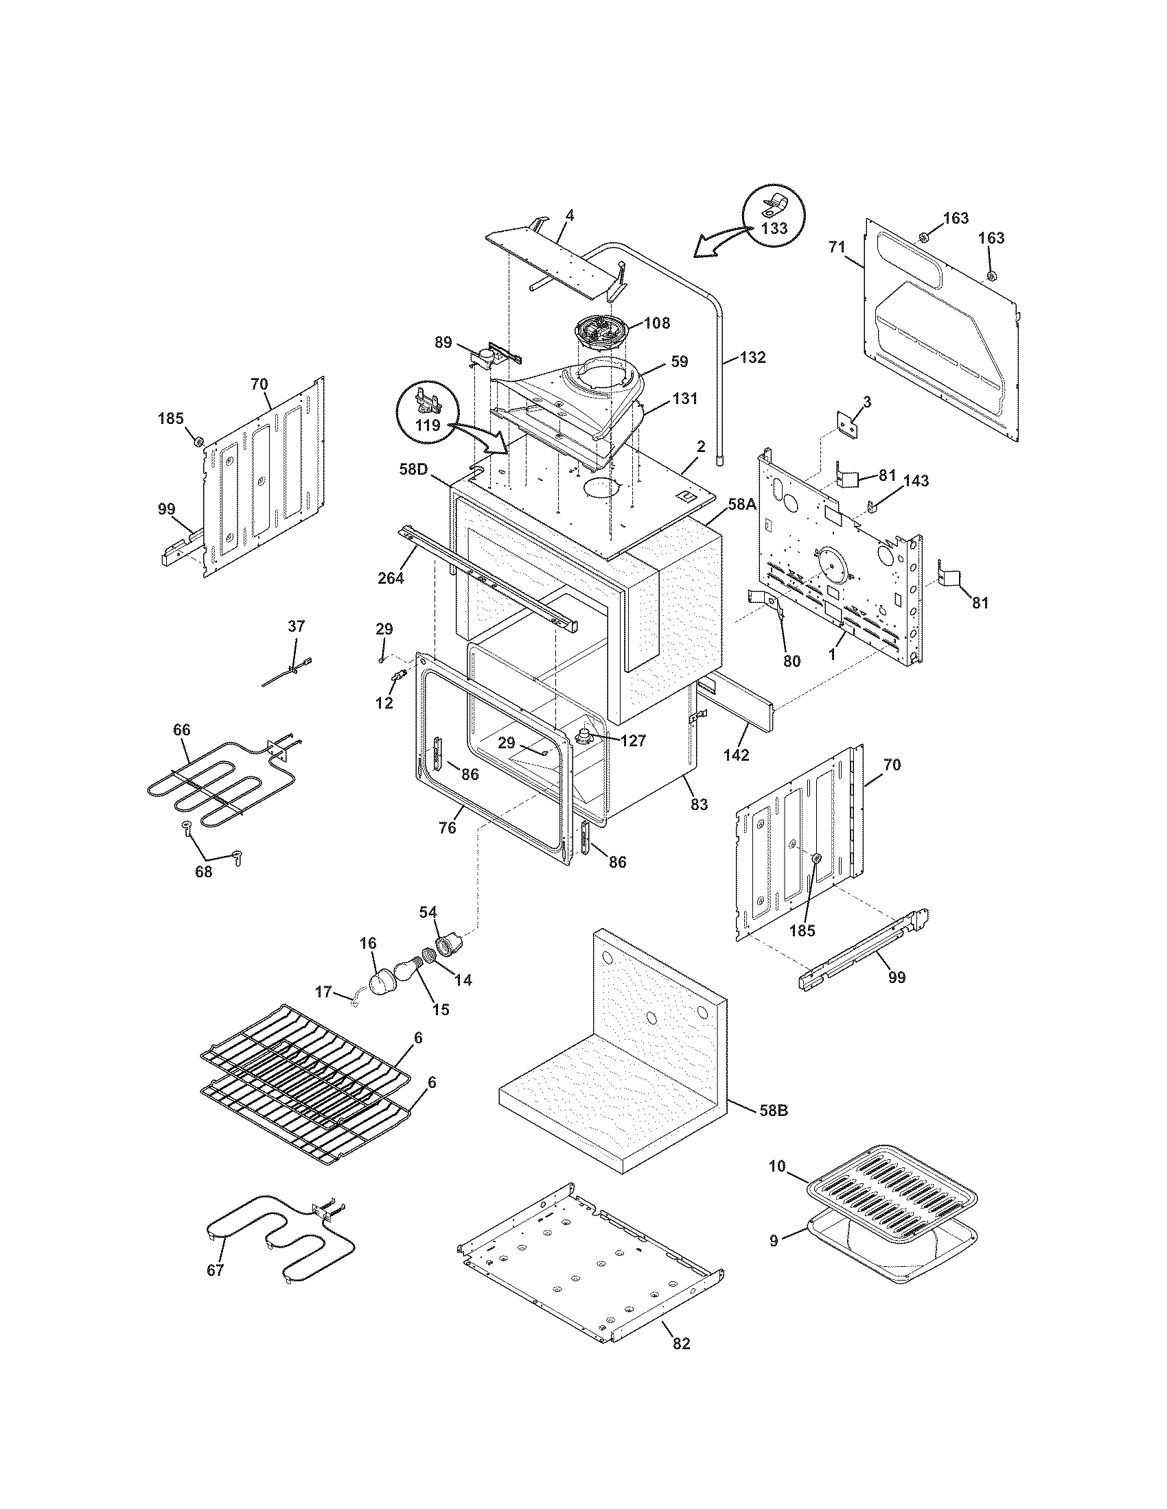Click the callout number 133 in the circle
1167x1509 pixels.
point(774,228)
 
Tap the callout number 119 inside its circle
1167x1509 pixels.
point(428,426)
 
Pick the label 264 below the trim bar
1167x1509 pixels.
point(391,579)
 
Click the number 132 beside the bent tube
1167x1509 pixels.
point(752,357)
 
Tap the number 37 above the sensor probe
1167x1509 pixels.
point(296,627)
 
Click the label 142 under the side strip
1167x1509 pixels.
point(737,755)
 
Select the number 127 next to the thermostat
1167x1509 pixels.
point(633,741)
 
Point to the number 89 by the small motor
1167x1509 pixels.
point(443,342)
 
